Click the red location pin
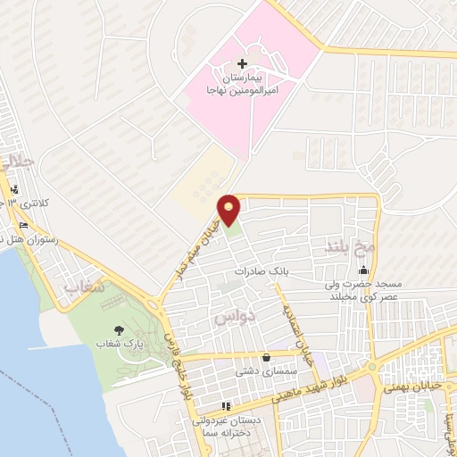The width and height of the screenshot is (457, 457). click(x=229, y=210)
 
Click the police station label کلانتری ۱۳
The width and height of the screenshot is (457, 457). click(x=36, y=203)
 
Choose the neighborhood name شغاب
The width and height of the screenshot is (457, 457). click(x=86, y=287)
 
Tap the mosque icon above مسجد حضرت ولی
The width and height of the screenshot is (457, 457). click(x=363, y=270)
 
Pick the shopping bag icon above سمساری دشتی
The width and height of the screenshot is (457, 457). click(x=265, y=358)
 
